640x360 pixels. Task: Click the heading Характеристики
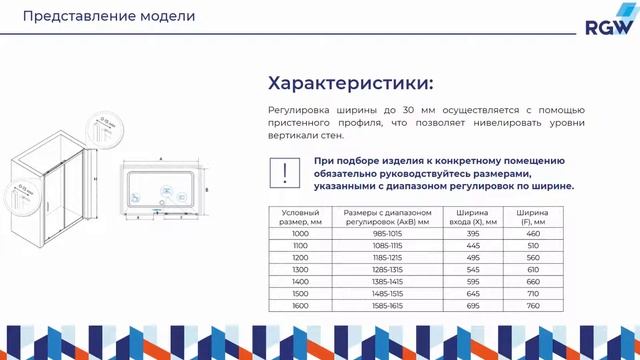click(350, 82)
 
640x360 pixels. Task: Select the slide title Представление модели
click(109, 17)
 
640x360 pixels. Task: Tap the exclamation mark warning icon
click(286, 171)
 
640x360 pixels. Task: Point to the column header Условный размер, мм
click(300, 217)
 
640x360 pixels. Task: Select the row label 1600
click(300, 306)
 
